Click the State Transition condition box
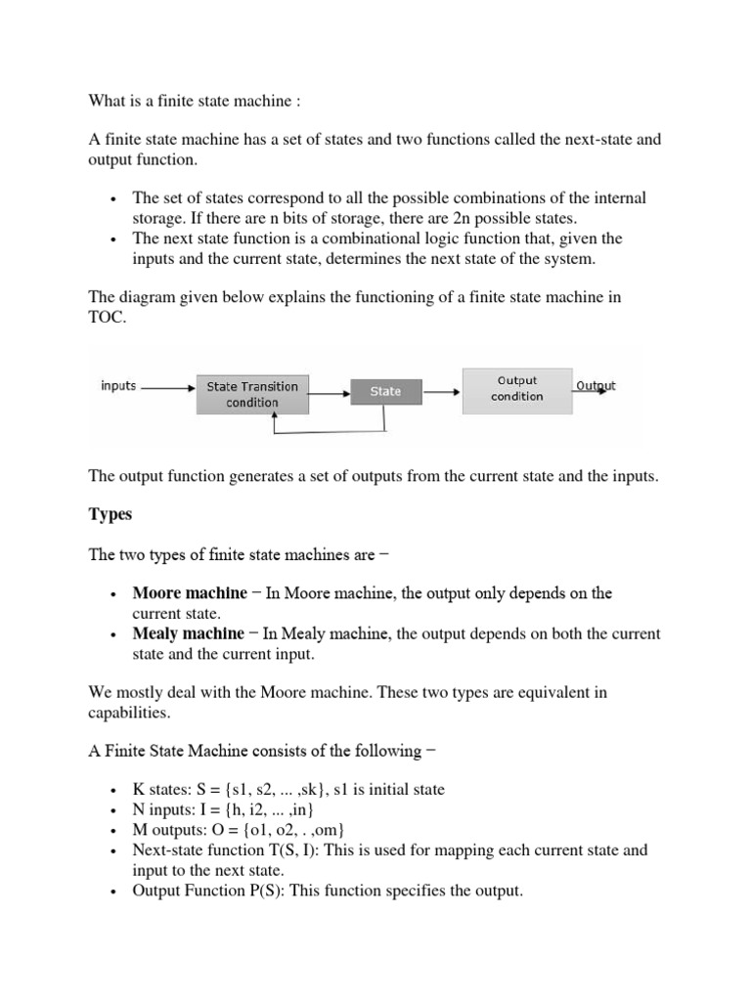tap(252, 394)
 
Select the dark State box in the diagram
tap(385, 391)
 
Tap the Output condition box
tap(516, 388)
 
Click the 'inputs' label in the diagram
tap(118, 386)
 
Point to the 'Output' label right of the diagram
tap(596, 386)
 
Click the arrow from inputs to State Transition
tap(168, 387)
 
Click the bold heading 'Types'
tap(110, 514)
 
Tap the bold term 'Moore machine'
tap(190, 593)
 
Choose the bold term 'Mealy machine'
tap(189, 633)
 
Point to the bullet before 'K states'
tap(114, 790)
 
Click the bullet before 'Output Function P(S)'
tap(114, 892)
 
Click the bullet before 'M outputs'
tap(114, 831)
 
